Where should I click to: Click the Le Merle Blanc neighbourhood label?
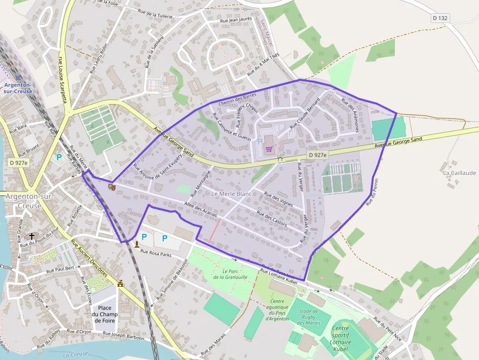(231, 194)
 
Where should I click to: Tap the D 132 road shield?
(440, 18)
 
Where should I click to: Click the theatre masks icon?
(112, 187)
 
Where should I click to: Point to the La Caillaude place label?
(459, 173)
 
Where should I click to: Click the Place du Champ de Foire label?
(105, 314)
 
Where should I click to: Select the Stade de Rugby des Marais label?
(308, 317)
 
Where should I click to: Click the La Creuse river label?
(75, 354)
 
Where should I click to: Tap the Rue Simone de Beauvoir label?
(172, 279)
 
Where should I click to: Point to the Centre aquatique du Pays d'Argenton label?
(277, 310)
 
